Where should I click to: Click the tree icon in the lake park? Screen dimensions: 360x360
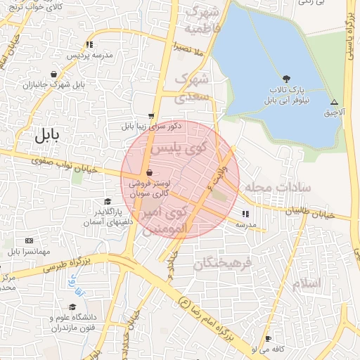tap(285, 78)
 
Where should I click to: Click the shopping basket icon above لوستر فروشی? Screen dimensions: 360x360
tap(148, 173)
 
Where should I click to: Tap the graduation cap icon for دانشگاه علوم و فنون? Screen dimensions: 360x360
tap(72, 307)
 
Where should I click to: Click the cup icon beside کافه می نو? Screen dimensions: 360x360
tap(267, 338)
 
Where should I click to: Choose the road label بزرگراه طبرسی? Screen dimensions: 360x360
tap(67, 264)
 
